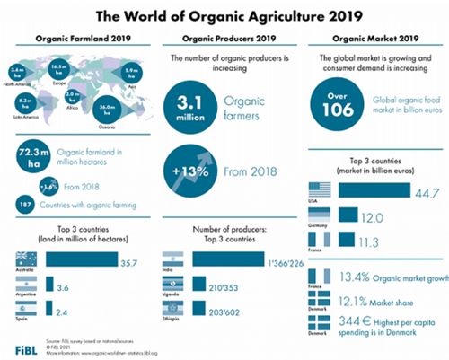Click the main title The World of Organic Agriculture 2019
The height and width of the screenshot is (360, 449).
click(x=224, y=15)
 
